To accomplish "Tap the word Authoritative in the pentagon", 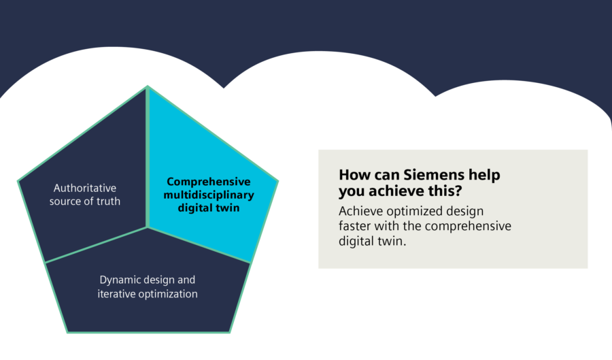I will tap(85, 188).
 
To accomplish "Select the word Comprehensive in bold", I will tap(209, 182).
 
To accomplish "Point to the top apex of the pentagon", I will tap(148, 87).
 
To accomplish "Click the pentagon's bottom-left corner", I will tap(67, 332).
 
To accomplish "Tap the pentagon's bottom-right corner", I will tap(229, 332).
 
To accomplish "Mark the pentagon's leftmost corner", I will tap(18, 181).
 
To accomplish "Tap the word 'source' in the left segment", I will tap(67, 201).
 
